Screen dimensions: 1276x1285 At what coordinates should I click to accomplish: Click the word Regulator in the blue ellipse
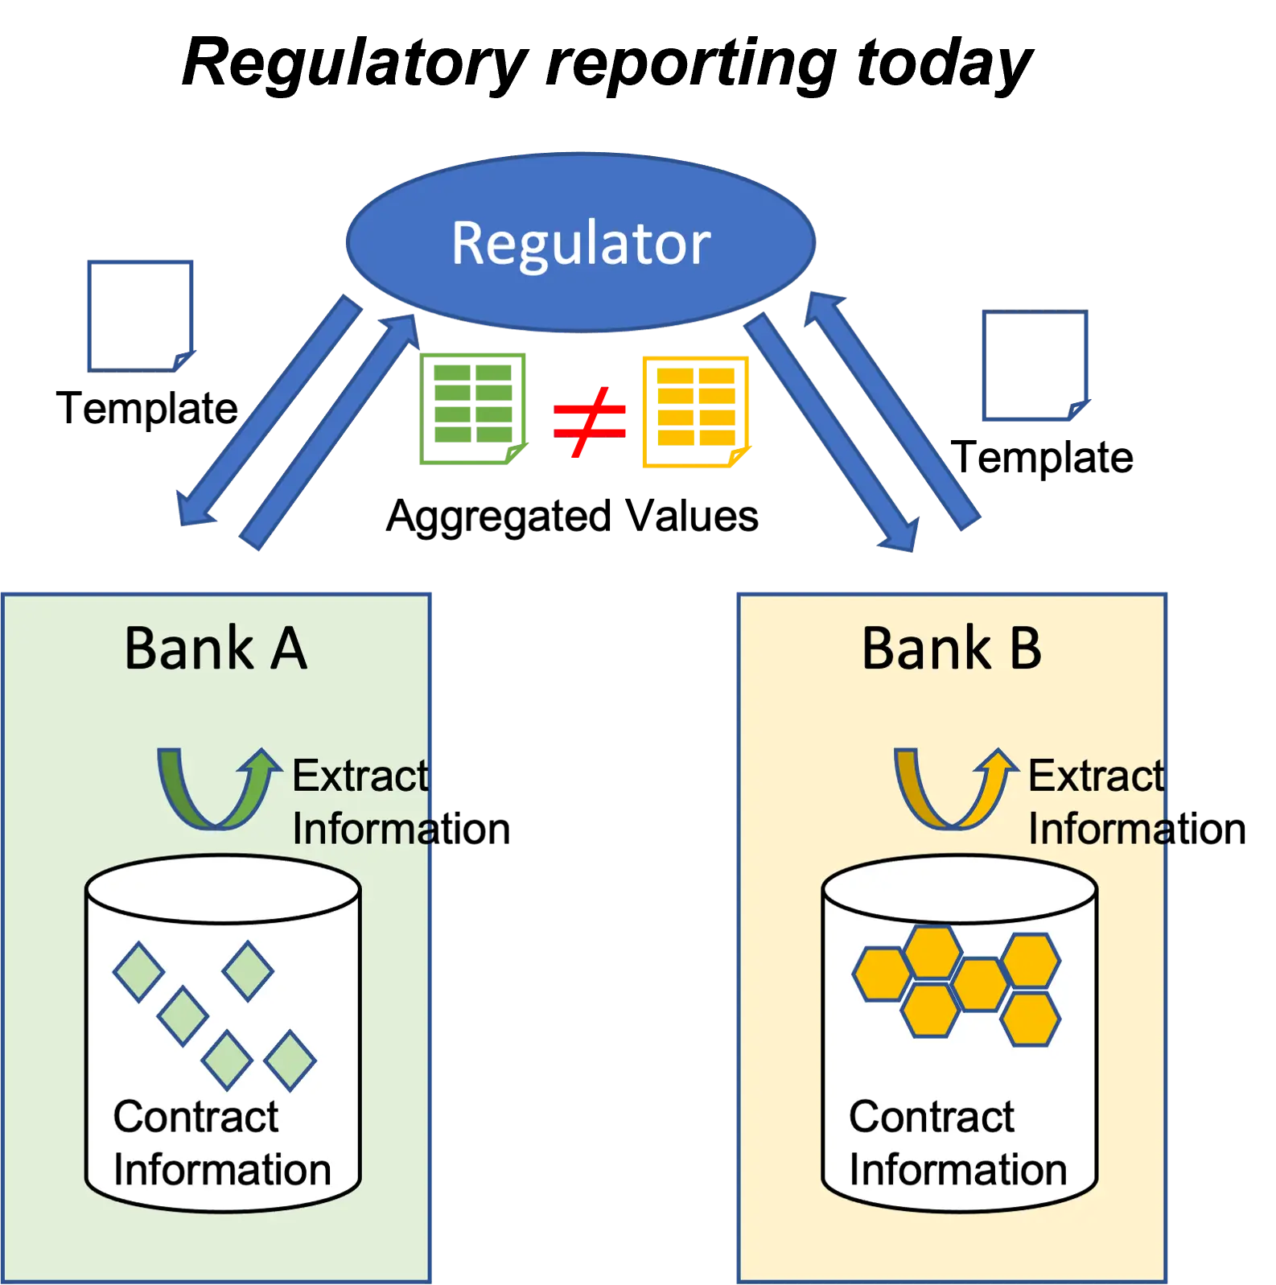point(581,242)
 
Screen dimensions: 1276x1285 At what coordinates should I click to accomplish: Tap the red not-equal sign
point(589,422)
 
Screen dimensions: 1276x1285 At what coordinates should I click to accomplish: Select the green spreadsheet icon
point(473,409)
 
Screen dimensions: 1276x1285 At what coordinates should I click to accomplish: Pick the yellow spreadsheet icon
point(696,412)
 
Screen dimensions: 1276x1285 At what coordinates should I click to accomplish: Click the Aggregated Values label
point(572,516)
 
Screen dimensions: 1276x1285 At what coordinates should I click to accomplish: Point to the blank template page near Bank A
point(141,316)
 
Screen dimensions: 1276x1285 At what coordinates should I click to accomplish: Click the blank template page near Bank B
point(1036,365)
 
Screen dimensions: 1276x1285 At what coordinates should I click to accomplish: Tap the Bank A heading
point(216,648)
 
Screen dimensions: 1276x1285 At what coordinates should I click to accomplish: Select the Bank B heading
point(952,648)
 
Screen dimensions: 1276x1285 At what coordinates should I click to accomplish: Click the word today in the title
point(945,63)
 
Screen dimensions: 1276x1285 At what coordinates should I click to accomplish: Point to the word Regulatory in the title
point(355,63)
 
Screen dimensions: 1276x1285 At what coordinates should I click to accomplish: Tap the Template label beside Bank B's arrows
point(1042,457)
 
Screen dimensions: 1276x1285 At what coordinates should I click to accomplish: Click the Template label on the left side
point(147,408)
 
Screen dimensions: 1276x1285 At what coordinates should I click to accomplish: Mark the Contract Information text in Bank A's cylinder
point(222,1143)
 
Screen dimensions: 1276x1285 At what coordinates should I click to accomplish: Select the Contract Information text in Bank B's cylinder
point(958,1143)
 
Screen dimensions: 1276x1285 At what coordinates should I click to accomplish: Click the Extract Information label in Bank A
point(401,802)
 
